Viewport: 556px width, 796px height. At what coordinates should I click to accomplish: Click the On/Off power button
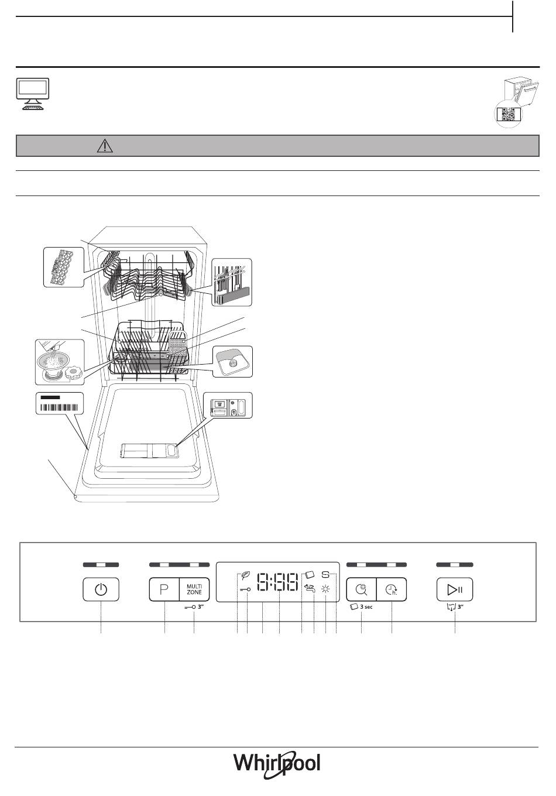[101, 589]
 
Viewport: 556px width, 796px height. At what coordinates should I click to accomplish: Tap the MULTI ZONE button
[194, 589]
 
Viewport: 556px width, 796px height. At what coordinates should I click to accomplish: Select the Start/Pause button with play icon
[455, 589]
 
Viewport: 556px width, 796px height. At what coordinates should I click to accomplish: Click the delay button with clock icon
[391, 589]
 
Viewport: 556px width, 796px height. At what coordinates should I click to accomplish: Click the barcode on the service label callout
[60, 407]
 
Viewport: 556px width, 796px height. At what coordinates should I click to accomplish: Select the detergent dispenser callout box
[228, 405]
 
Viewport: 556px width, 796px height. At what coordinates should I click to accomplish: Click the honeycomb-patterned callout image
[61, 266]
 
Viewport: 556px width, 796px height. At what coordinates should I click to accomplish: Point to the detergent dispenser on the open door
[148, 451]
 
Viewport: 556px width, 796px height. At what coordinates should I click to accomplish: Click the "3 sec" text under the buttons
[366, 607]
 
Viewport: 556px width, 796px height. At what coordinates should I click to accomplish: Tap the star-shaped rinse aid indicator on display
[325, 590]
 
